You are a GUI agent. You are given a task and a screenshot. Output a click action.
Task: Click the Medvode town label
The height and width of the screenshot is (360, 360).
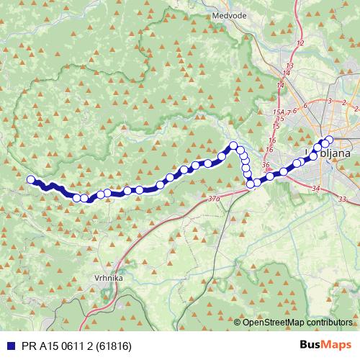pyautogui.click(x=230, y=14)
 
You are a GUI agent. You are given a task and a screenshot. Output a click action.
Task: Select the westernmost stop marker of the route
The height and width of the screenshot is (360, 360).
pyautogui.click(x=30, y=180)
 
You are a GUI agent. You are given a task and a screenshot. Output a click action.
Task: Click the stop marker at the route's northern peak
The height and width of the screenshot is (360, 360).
pyautogui.click(x=233, y=146)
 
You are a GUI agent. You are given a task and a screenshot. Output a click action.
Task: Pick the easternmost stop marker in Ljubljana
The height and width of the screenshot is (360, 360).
pyautogui.click(x=330, y=140)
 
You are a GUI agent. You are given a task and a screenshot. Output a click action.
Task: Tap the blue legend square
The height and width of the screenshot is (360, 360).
pyautogui.click(x=8, y=345)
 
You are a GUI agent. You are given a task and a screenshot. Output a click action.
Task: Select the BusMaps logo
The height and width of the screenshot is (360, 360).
pyautogui.click(x=325, y=345)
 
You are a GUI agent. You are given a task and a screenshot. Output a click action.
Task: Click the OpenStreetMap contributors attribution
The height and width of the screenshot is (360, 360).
pyautogui.click(x=297, y=323)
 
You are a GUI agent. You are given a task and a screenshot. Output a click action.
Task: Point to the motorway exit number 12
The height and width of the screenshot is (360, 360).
pyautogui.click(x=300, y=44)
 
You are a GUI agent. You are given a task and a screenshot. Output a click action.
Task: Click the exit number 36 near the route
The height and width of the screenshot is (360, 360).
pyautogui.click(x=266, y=165)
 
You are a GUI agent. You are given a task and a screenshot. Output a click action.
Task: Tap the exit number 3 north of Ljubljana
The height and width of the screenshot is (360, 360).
pyautogui.click(x=329, y=101)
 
